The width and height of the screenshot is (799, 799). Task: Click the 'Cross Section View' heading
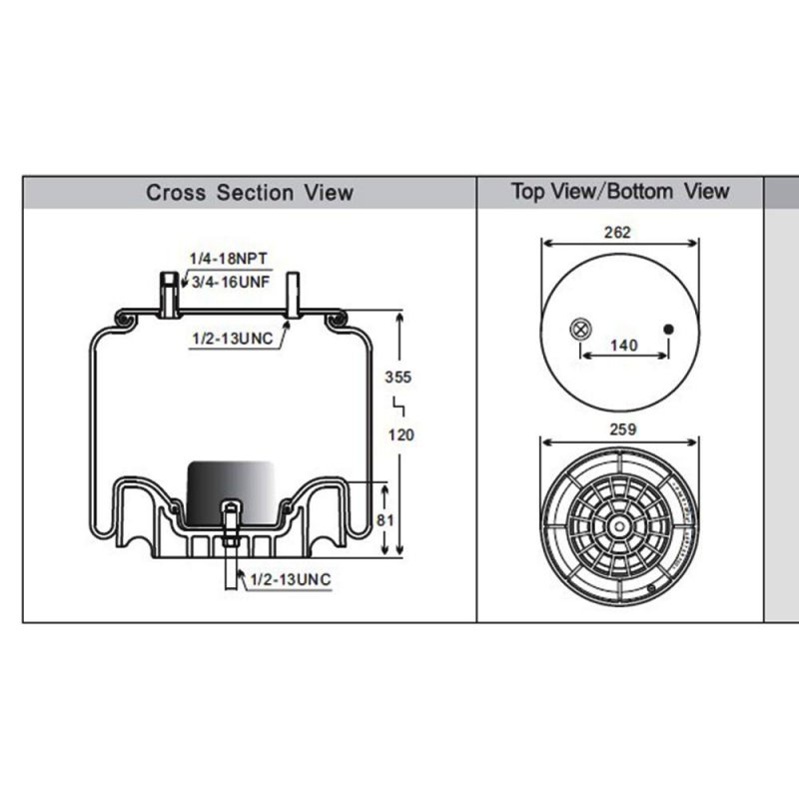click(x=250, y=193)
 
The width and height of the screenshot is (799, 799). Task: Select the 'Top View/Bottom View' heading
click(x=620, y=192)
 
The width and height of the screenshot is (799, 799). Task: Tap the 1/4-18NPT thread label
click(x=229, y=259)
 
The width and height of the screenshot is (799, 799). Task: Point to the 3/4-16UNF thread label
click(x=231, y=282)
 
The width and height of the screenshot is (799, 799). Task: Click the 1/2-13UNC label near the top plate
click(x=233, y=339)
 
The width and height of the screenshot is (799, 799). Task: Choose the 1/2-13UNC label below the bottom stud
click(x=291, y=579)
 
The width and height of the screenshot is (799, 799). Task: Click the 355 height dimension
click(x=398, y=378)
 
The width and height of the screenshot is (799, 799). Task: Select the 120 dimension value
click(x=401, y=435)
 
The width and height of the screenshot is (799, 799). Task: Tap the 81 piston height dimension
click(x=385, y=520)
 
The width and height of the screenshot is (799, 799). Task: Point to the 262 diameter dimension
click(x=617, y=233)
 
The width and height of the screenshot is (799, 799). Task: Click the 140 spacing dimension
click(x=624, y=346)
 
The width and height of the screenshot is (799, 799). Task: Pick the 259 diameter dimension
click(x=623, y=429)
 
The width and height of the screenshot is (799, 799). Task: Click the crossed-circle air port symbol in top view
click(x=581, y=329)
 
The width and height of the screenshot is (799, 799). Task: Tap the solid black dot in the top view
click(x=668, y=330)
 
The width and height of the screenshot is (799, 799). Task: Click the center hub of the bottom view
click(x=619, y=526)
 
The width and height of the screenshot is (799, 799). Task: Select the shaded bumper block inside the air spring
click(x=231, y=492)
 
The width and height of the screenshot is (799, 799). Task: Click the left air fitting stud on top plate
click(x=170, y=295)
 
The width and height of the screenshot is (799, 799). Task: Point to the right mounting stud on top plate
click(x=293, y=295)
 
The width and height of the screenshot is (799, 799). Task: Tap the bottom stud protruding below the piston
click(x=231, y=545)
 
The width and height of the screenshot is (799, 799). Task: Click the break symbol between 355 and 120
click(x=399, y=406)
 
